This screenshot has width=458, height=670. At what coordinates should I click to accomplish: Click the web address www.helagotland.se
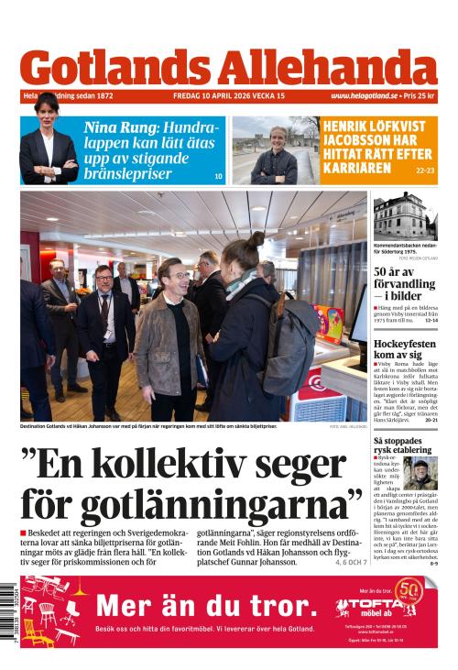[x=364, y=95]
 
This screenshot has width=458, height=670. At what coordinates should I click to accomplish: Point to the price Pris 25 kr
[x=420, y=95]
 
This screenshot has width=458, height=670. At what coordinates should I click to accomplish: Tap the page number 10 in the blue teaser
[x=218, y=175]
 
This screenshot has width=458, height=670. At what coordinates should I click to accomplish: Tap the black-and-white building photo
[x=405, y=216]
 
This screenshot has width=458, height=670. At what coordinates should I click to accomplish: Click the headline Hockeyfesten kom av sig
[x=405, y=349]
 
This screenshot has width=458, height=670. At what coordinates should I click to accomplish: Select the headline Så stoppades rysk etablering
[x=404, y=446]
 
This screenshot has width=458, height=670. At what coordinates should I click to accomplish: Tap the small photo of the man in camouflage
[x=420, y=474]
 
